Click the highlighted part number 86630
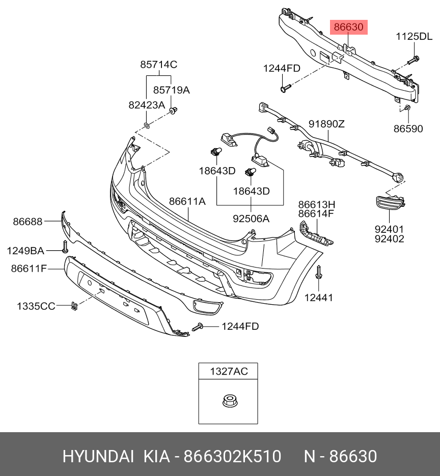[x=349, y=27]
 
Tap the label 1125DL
[x=415, y=37]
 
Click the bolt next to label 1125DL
[x=413, y=60]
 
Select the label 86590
[x=408, y=129]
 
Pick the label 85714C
[x=158, y=65]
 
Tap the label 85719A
[x=171, y=90]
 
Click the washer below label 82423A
[x=146, y=125]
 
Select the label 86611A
[x=187, y=202]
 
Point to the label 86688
[x=28, y=222]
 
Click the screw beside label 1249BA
[x=65, y=247]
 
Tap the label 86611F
[x=29, y=268]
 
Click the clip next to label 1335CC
[x=75, y=306]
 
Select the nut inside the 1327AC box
[x=228, y=402]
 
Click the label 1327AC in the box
[x=229, y=372]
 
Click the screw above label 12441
[x=318, y=273]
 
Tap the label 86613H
[x=316, y=204]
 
